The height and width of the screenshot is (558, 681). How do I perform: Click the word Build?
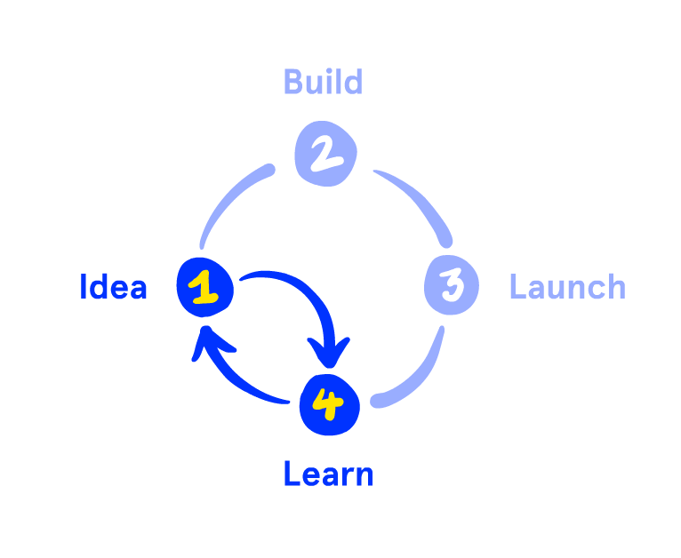(x=323, y=83)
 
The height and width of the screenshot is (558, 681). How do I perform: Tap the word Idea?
(x=113, y=288)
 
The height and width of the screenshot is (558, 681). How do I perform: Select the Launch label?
(x=567, y=288)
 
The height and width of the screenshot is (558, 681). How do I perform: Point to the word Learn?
(x=328, y=474)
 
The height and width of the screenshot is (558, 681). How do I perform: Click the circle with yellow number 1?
(x=205, y=287)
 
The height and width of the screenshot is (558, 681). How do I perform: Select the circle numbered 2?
(x=325, y=153)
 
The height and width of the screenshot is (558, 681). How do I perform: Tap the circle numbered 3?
(x=452, y=285)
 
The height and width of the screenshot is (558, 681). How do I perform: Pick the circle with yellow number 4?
(x=329, y=405)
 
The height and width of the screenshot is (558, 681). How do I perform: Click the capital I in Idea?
(x=84, y=288)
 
